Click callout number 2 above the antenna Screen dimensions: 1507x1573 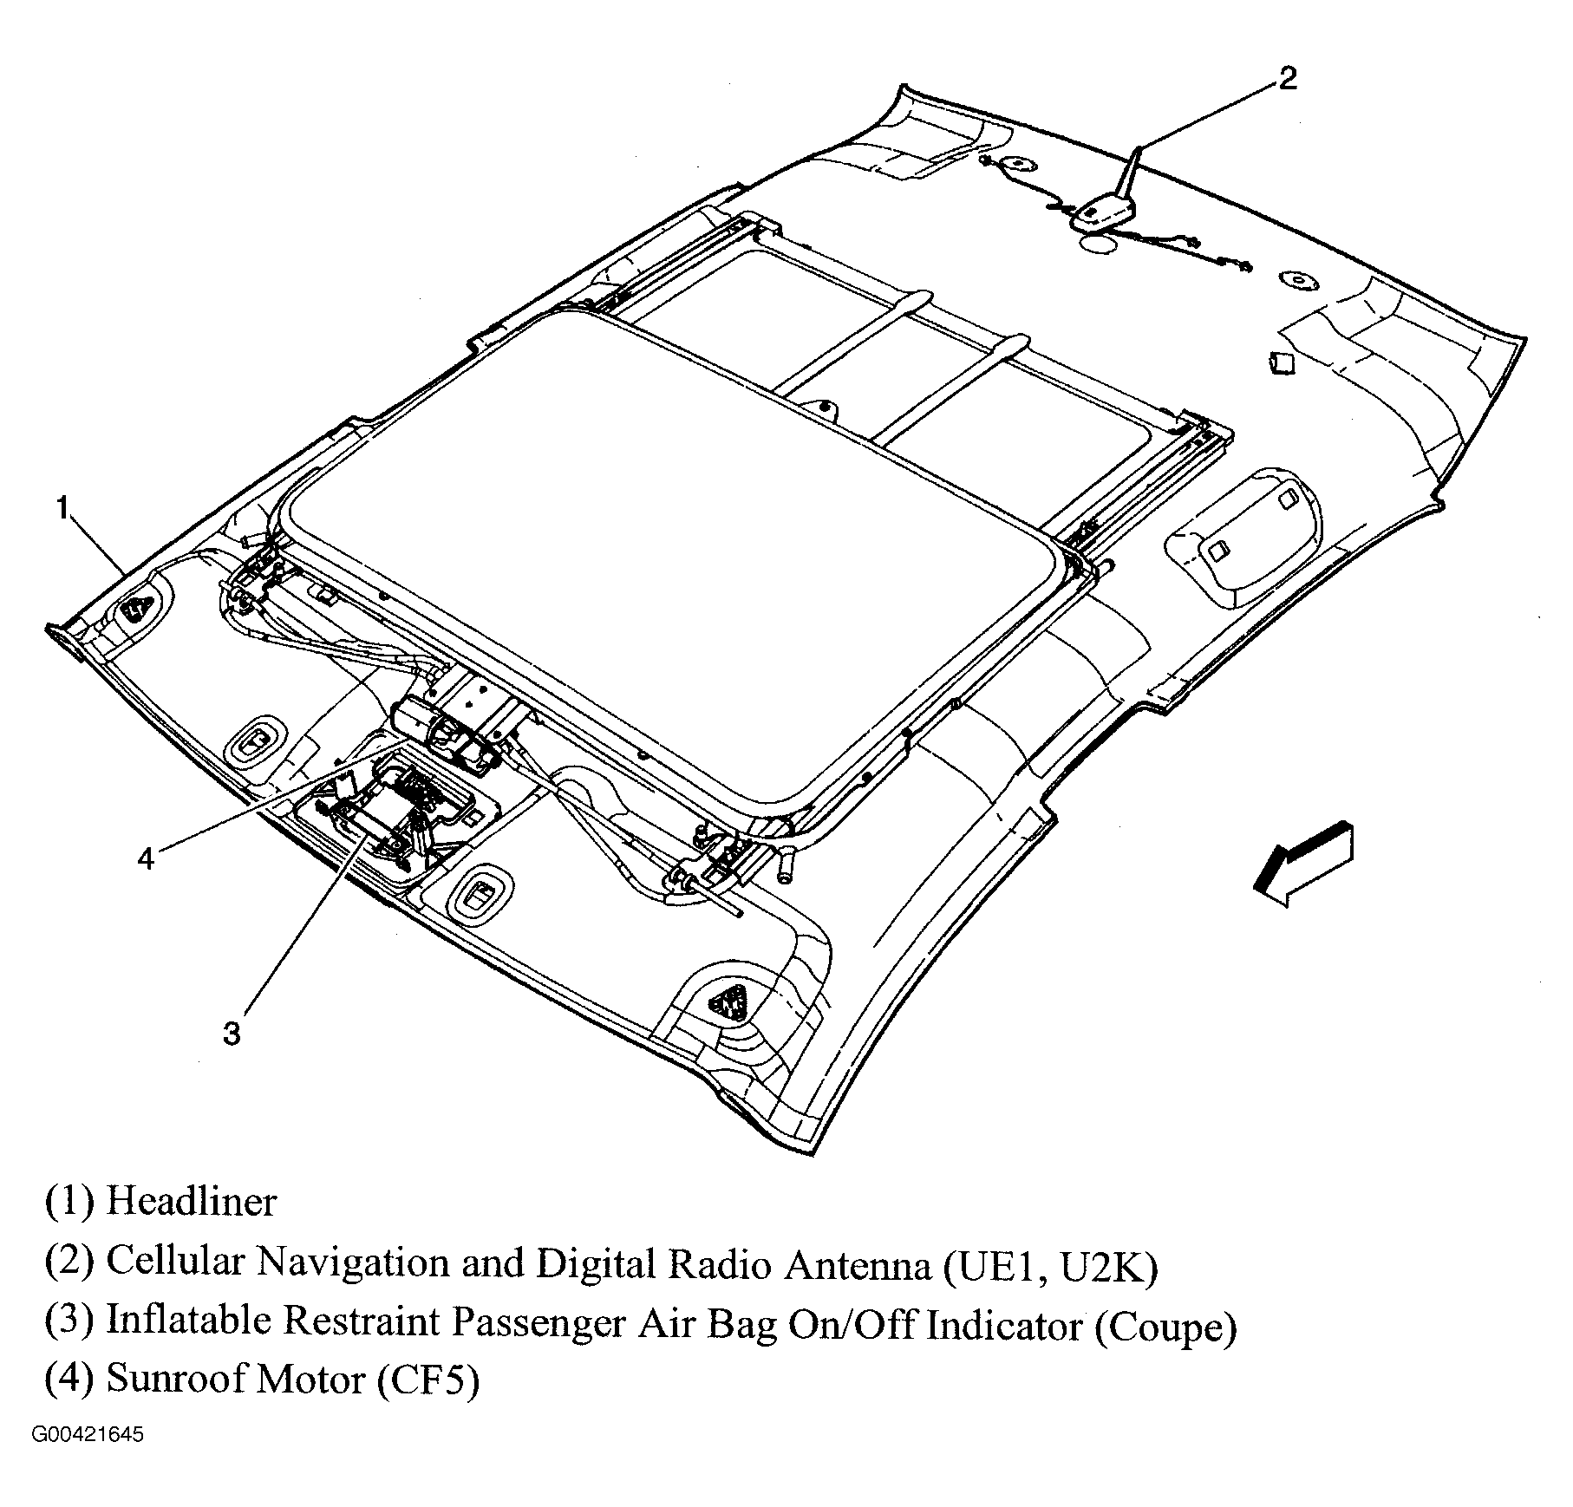pos(1288,79)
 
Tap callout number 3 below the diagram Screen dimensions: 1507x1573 pos(232,1034)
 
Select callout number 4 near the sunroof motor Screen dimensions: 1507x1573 pos(146,858)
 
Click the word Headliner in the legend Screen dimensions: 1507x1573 pos(191,1203)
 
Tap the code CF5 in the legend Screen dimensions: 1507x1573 pos(428,1380)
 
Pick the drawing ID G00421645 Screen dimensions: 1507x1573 pos(88,1436)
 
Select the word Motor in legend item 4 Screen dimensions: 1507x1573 pos(312,1380)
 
